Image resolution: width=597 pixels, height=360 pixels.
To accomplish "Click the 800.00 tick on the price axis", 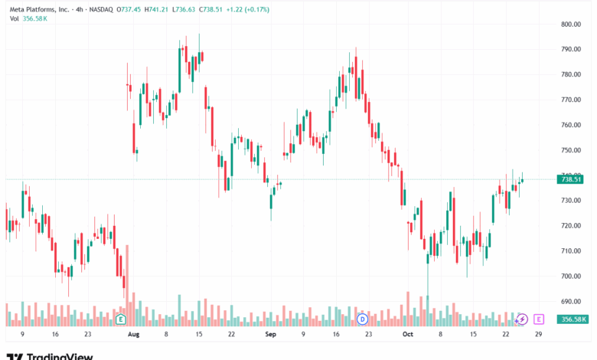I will click(x=572, y=25).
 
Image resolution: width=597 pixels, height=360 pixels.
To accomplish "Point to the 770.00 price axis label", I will click(x=572, y=100).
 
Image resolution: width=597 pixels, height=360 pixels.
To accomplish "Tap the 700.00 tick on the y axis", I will click(x=572, y=276).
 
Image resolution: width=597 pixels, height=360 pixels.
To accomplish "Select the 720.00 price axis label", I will click(x=572, y=225).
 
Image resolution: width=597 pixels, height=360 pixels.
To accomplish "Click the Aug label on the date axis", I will click(x=133, y=335).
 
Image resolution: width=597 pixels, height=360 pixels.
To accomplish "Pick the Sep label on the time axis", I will click(x=269, y=335).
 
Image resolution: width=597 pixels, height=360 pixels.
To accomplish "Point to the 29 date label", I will click(x=539, y=335).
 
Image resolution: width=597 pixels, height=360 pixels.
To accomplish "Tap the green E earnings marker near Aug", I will click(x=120, y=318).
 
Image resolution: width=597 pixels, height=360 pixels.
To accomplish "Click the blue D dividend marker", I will click(x=362, y=318).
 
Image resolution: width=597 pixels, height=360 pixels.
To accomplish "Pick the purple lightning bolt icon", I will click(x=522, y=318).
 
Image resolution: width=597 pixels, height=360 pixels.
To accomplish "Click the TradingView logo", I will click(x=50, y=355).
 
